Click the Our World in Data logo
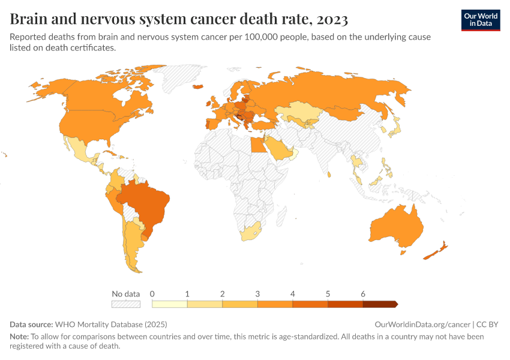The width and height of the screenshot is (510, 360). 480,20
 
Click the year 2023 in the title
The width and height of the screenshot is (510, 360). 330,20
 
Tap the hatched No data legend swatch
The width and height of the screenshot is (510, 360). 126,304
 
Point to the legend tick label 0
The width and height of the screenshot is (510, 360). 152,294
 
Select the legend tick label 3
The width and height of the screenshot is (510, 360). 257,294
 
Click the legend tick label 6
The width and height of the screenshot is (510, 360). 363,294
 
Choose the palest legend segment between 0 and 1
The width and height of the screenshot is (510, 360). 170,304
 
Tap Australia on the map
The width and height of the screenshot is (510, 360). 396,228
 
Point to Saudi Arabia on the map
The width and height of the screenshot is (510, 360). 277,148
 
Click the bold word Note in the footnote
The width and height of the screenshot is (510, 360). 19,337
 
